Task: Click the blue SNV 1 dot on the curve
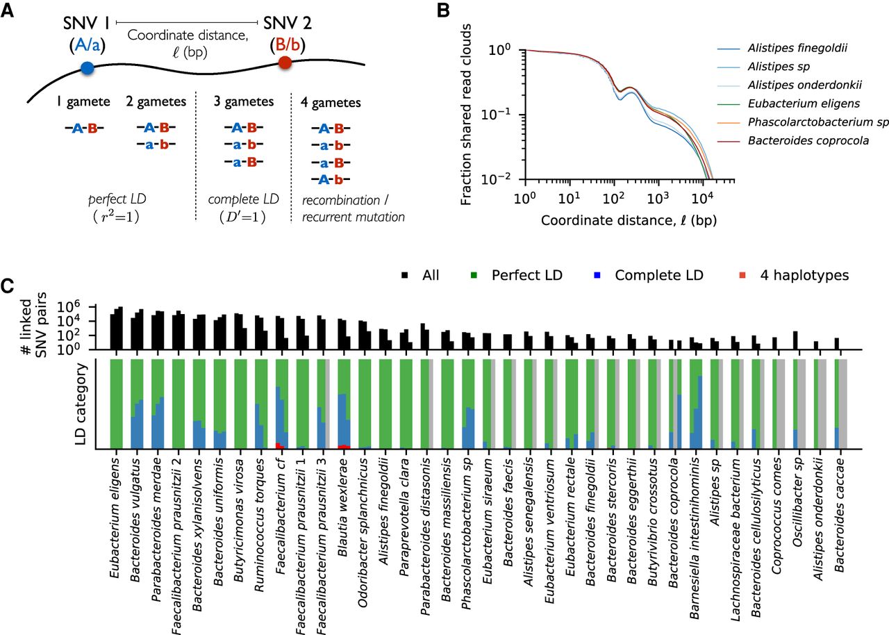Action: [87, 68]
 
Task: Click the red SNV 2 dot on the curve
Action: [284, 63]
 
